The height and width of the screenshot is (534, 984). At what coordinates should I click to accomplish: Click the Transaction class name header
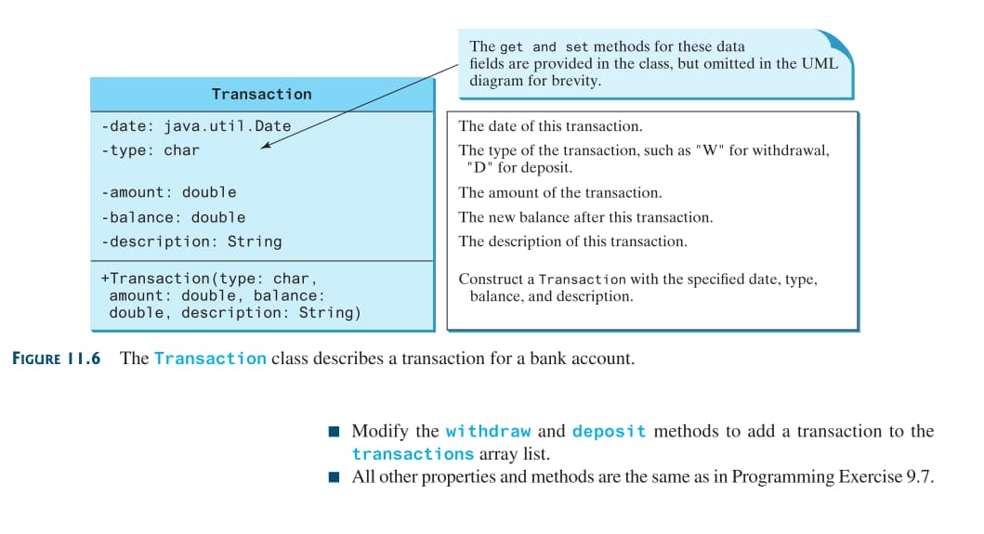tap(261, 94)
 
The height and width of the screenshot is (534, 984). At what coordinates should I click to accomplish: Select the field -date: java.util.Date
tap(196, 126)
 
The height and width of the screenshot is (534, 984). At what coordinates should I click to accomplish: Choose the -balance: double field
tap(174, 217)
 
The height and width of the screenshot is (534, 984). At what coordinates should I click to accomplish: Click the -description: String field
tap(191, 241)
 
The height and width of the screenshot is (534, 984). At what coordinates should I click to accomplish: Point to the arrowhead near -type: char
tap(266, 147)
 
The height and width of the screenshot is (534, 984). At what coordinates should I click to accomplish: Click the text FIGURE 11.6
tap(57, 358)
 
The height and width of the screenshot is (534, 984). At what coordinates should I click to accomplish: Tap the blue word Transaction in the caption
tap(210, 358)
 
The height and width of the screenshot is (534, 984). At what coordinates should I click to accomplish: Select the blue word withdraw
tap(488, 432)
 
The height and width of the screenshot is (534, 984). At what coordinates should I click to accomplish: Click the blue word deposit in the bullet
tap(609, 432)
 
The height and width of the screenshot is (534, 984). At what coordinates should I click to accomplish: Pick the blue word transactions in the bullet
tap(413, 454)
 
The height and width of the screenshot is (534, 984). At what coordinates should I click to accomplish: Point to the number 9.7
tap(922, 477)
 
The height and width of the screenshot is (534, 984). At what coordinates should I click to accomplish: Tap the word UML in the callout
tap(820, 63)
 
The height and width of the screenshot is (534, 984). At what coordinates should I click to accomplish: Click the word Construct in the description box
tap(496, 279)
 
